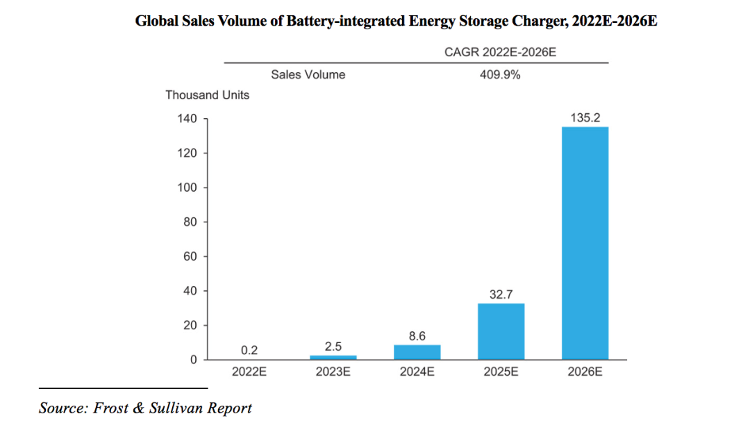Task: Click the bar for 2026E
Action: pyautogui.click(x=585, y=243)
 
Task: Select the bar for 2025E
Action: pyautogui.click(x=501, y=331)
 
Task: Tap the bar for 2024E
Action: pyautogui.click(x=417, y=352)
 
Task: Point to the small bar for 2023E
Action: pyautogui.click(x=333, y=357)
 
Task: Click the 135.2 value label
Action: pyautogui.click(x=585, y=118)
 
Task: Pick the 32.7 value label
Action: pyautogui.click(x=501, y=295)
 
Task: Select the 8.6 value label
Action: pyautogui.click(x=417, y=336)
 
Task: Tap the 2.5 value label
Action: pyautogui.click(x=333, y=347)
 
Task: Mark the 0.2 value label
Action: pyautogui.click(x=249, y=350)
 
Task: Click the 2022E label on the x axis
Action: pyautogui.click(x=249, y=372)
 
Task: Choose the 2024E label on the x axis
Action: pyautogui.click(x=417, y=372)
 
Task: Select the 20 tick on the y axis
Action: pyautogui.click(x=192, y=326)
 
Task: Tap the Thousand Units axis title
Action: pyautogui.click(x=207, y=95)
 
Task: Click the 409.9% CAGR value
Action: pyautogui.click(x=500, y=75)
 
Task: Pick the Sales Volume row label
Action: pyautogui.click(x=308, y=75)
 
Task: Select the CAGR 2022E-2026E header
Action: pyautogui.click(x=500, y=52)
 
